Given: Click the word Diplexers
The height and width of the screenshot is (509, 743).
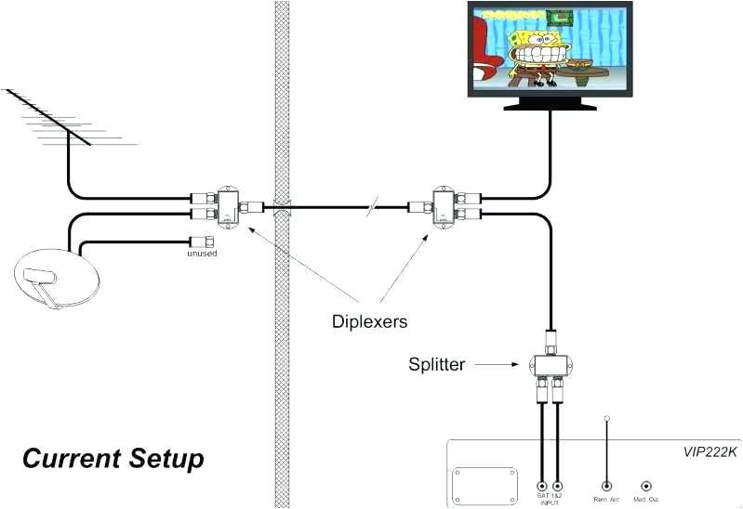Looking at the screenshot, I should (370, 322).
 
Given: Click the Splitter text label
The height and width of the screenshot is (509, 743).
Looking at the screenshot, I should (436, 364).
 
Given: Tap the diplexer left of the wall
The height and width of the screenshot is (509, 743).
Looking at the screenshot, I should (226, 206).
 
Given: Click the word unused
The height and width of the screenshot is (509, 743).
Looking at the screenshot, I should (202, 253).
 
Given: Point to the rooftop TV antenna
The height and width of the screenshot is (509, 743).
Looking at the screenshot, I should (56, 116).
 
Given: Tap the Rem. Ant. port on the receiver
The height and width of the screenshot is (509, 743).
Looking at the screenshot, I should (606, 485).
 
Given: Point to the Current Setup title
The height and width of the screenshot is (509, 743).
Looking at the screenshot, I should (113, 459).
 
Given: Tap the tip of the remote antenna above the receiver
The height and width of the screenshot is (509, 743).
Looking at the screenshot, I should (606, 419).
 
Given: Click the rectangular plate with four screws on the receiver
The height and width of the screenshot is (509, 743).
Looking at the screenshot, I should (484, 485).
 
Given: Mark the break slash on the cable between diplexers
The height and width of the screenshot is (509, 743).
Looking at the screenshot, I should (371, 207).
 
